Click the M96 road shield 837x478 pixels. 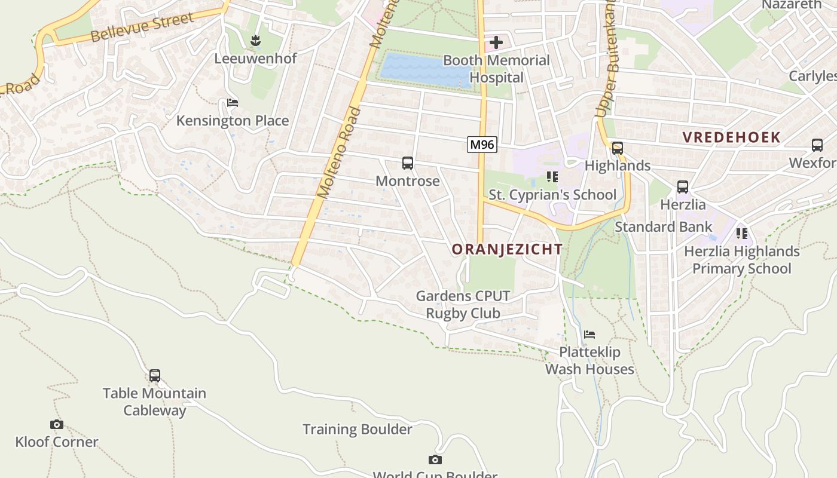482,144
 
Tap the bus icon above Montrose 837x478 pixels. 408,163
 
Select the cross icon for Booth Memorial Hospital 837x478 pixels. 496,42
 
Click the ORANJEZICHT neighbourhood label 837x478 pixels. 507,249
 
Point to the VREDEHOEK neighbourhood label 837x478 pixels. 732,137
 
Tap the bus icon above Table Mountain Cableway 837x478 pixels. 155,376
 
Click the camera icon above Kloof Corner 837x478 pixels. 57,424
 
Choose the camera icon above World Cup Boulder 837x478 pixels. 435,459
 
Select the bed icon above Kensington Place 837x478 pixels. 233,103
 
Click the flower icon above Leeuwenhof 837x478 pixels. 256,41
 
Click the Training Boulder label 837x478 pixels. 357,429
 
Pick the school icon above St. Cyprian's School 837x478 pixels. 552,177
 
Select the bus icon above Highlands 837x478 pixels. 618,148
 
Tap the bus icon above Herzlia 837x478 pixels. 683,187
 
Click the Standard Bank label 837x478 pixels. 664,227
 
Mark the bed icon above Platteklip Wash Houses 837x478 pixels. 589,335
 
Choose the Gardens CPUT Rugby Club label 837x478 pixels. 463,304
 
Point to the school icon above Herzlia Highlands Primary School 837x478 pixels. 742,233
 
